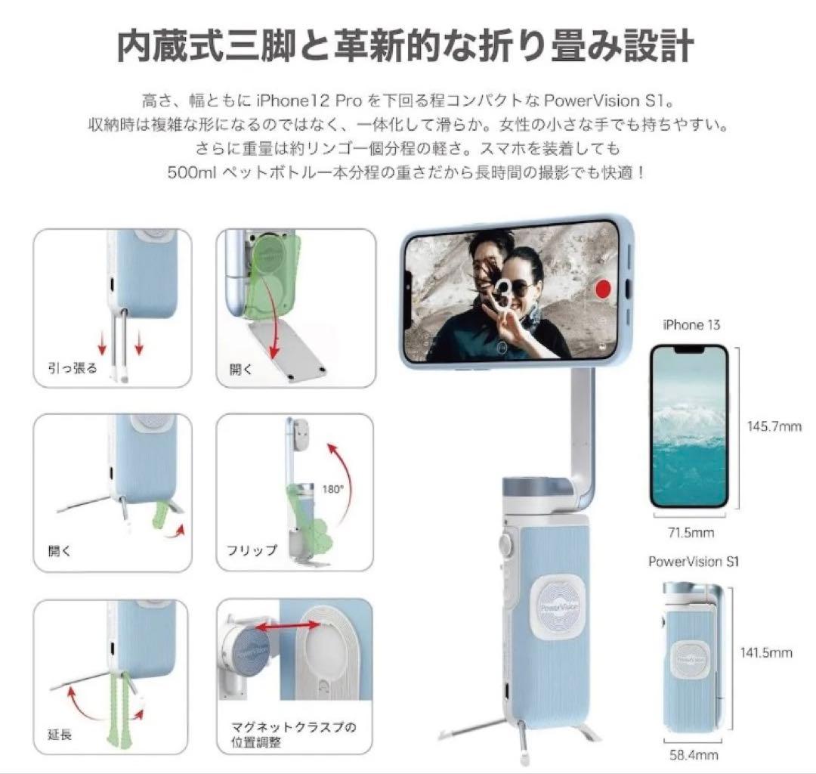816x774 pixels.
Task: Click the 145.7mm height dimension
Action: [x=774, y=426]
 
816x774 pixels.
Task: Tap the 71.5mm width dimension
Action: [x=691, y=532]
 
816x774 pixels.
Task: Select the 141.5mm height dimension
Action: [x=766, y=652]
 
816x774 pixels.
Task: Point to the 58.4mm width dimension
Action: [x=694, y=755]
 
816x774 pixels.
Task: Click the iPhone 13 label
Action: [x=691, y=325]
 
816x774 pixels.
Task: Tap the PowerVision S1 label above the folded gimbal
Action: [x=693, y=562]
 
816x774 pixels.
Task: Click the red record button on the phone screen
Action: [x=603, y=289]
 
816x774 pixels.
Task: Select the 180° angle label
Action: [x=333, y=489]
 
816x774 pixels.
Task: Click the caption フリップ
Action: [x=252, y=550]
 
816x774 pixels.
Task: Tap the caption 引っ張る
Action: [x=73, y=369]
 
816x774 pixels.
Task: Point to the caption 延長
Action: [x=60, y=735]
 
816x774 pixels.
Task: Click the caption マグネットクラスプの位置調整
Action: [x=293, y=734]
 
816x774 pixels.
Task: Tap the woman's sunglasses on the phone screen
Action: [x=521, y=289]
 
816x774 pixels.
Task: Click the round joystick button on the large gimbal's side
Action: [x=505, y=543]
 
